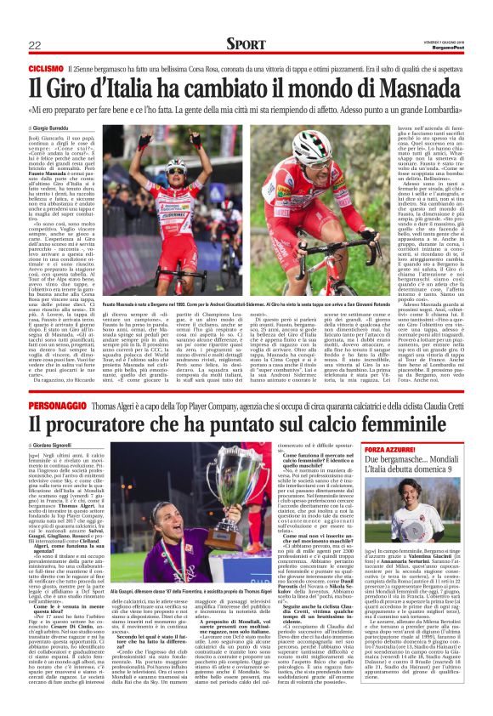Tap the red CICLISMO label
46,67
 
